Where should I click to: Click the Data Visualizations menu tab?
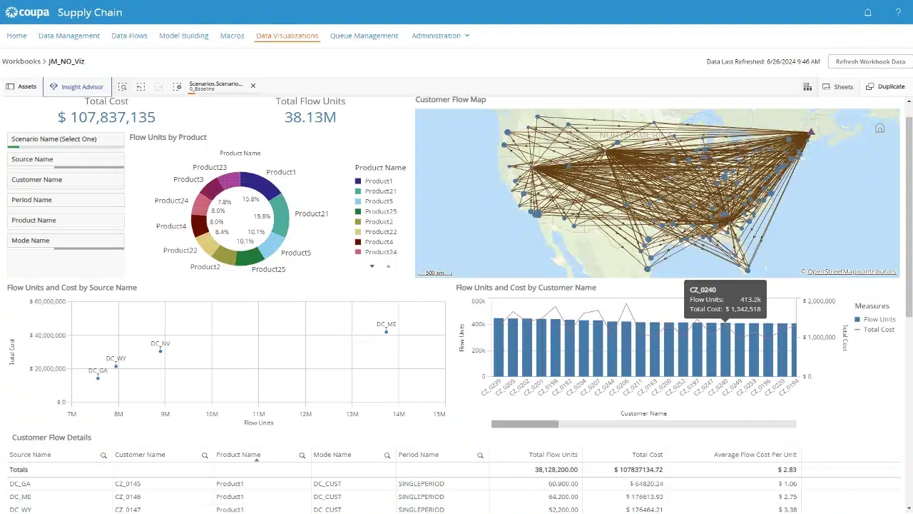(x=287, y=36)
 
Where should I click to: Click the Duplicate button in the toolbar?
(x=885, y=86)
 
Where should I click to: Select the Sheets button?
(x=838, y=86)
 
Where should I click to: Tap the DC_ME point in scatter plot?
(x=387, y=332)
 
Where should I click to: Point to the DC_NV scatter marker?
(x=160, y=351)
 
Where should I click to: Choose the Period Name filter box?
(x=66, y=200)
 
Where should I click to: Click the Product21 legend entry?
(x=379, y=191)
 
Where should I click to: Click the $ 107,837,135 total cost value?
(x=106, y=117)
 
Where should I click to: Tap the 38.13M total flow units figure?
(x=310, y=117)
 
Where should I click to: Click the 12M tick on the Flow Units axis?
(x=305, y=414)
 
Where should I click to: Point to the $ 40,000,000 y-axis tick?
(x=48, y=336)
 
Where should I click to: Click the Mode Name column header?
(x=332, y=455)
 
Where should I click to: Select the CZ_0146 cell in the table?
(x=128, y=497)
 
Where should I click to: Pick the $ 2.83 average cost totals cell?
(x=787, y=470)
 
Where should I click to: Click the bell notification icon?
(x=868, y=12)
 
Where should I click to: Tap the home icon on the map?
(x=879, y=128)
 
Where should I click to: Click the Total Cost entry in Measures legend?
(x=879, y=329)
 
